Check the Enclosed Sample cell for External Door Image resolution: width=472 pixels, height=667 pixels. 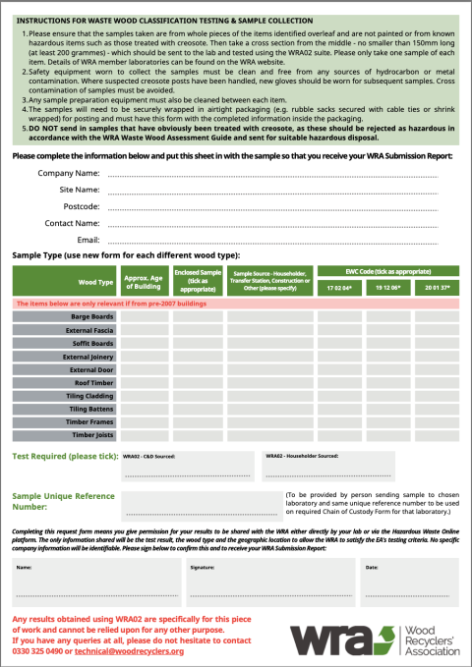(x=197, y=370)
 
